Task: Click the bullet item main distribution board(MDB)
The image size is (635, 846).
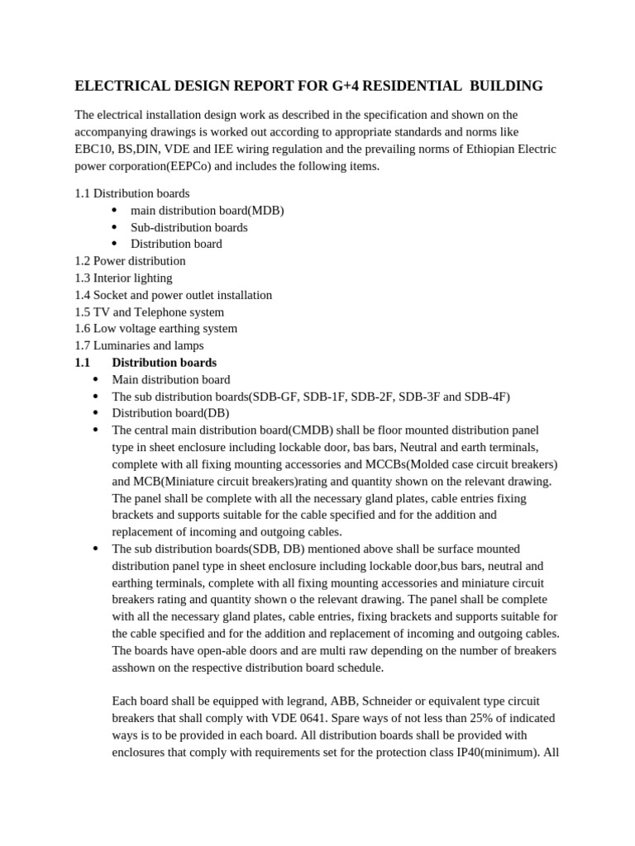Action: (x=207, y=210)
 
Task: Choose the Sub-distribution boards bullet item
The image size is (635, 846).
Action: (x=189, y=227)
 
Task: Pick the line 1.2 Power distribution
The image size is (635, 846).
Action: (x=130, y=261)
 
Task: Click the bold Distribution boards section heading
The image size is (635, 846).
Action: (x=164, y=363)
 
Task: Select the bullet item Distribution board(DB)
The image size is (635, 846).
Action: (x=170, y=413)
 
